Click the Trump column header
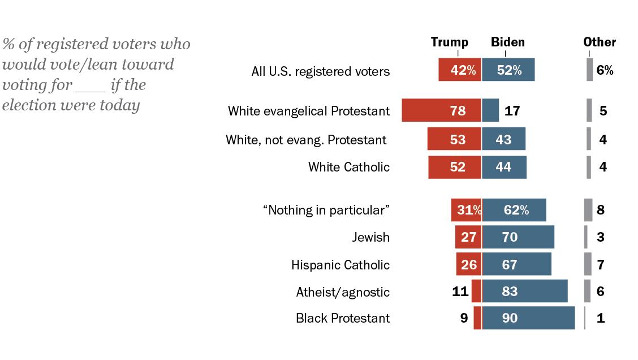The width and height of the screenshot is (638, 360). (x=450, y=42)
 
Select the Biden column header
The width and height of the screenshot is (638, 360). (x=507, y=42)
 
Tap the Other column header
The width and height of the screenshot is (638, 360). (x=600, y=42)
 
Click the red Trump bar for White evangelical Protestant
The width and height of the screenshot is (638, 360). (x=441, y=110)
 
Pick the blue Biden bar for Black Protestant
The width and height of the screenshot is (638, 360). (x=528, y=318)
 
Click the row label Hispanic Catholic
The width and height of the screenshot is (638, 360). (x=340, y=265)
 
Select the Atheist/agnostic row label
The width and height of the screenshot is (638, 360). (x=343, y=292)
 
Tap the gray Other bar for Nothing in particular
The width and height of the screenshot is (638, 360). (x=588, y=210)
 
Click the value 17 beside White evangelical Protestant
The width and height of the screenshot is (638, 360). (x=512, y=111)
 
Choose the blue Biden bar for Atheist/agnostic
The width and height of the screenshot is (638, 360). (x=525, y=292)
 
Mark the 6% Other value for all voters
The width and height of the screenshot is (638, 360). (x=605, y=71)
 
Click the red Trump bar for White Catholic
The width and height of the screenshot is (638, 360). (x=455, y=167)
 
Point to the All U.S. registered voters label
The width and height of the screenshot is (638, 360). (x=321, y=72)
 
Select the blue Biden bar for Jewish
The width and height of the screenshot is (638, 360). (x=518, y=237)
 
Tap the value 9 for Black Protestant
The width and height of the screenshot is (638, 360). (x=464, y=318)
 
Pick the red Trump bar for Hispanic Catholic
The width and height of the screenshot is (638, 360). (x=469, y=264)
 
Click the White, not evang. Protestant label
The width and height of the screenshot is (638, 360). (x=306, y=139)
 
